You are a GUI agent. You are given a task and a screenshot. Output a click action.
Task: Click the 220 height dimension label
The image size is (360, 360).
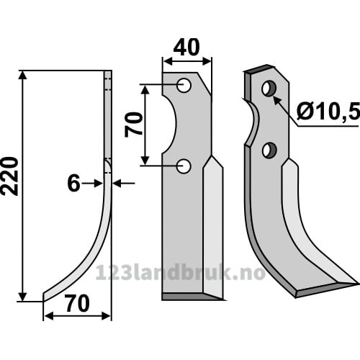9,176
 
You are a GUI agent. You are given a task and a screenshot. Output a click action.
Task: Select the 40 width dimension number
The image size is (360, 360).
186,48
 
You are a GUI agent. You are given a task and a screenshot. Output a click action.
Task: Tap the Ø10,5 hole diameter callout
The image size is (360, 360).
328,112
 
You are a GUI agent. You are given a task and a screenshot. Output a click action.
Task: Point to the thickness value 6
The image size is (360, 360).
73,184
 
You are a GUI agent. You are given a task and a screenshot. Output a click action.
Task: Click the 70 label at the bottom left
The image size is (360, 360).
78,304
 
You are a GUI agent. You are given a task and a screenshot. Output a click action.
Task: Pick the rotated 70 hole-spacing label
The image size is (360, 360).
134,125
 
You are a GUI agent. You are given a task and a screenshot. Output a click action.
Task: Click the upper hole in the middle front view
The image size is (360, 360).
184,86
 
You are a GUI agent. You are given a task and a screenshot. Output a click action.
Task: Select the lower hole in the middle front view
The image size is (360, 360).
184,166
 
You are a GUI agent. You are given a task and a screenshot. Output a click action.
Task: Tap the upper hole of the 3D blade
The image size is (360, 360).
269,88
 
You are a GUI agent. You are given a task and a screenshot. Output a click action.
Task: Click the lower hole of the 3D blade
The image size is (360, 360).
269,150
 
